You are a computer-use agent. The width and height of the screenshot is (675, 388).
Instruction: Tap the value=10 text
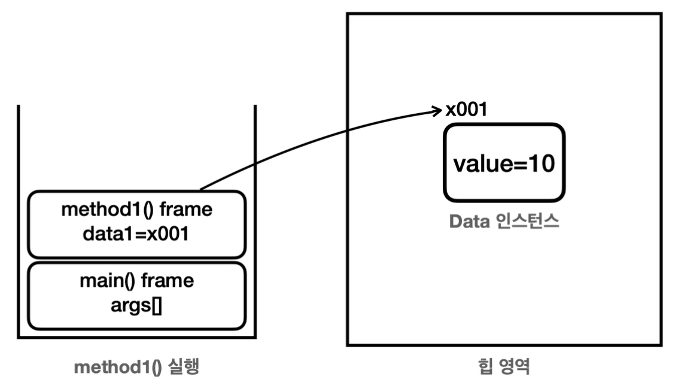coord(503,163)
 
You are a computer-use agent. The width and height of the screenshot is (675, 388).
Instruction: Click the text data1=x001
coord(137,234)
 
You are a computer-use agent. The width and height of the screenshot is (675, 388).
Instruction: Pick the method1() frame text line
coord(137,211)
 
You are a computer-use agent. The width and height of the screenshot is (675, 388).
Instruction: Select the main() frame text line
coord(137,281)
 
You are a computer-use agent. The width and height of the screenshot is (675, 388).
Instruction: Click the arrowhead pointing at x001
coord(438,110)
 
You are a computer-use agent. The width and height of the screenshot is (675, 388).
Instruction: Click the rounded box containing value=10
coord(503,162)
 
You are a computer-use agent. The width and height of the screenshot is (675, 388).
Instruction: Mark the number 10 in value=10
coord(541,163)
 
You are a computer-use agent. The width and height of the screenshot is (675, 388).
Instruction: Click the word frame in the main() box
coord(172,281)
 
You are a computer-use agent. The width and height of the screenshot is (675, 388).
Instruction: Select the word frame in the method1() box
coord(191,211)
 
